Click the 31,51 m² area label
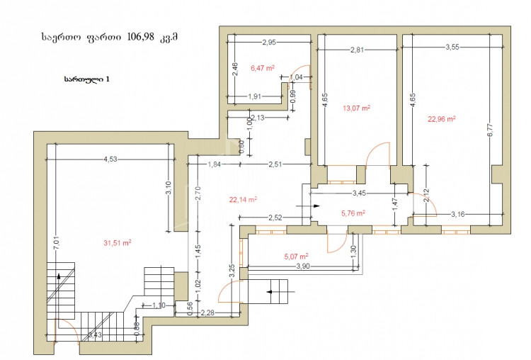(118, 242)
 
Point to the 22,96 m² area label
(441, 118)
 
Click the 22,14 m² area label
(242, 200)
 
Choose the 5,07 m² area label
(296, 256)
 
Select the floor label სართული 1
(86, 79)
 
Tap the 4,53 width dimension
(110, 159)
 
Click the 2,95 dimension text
(268, 43)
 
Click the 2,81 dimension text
(357, 50)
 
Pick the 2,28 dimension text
(208, 313)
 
